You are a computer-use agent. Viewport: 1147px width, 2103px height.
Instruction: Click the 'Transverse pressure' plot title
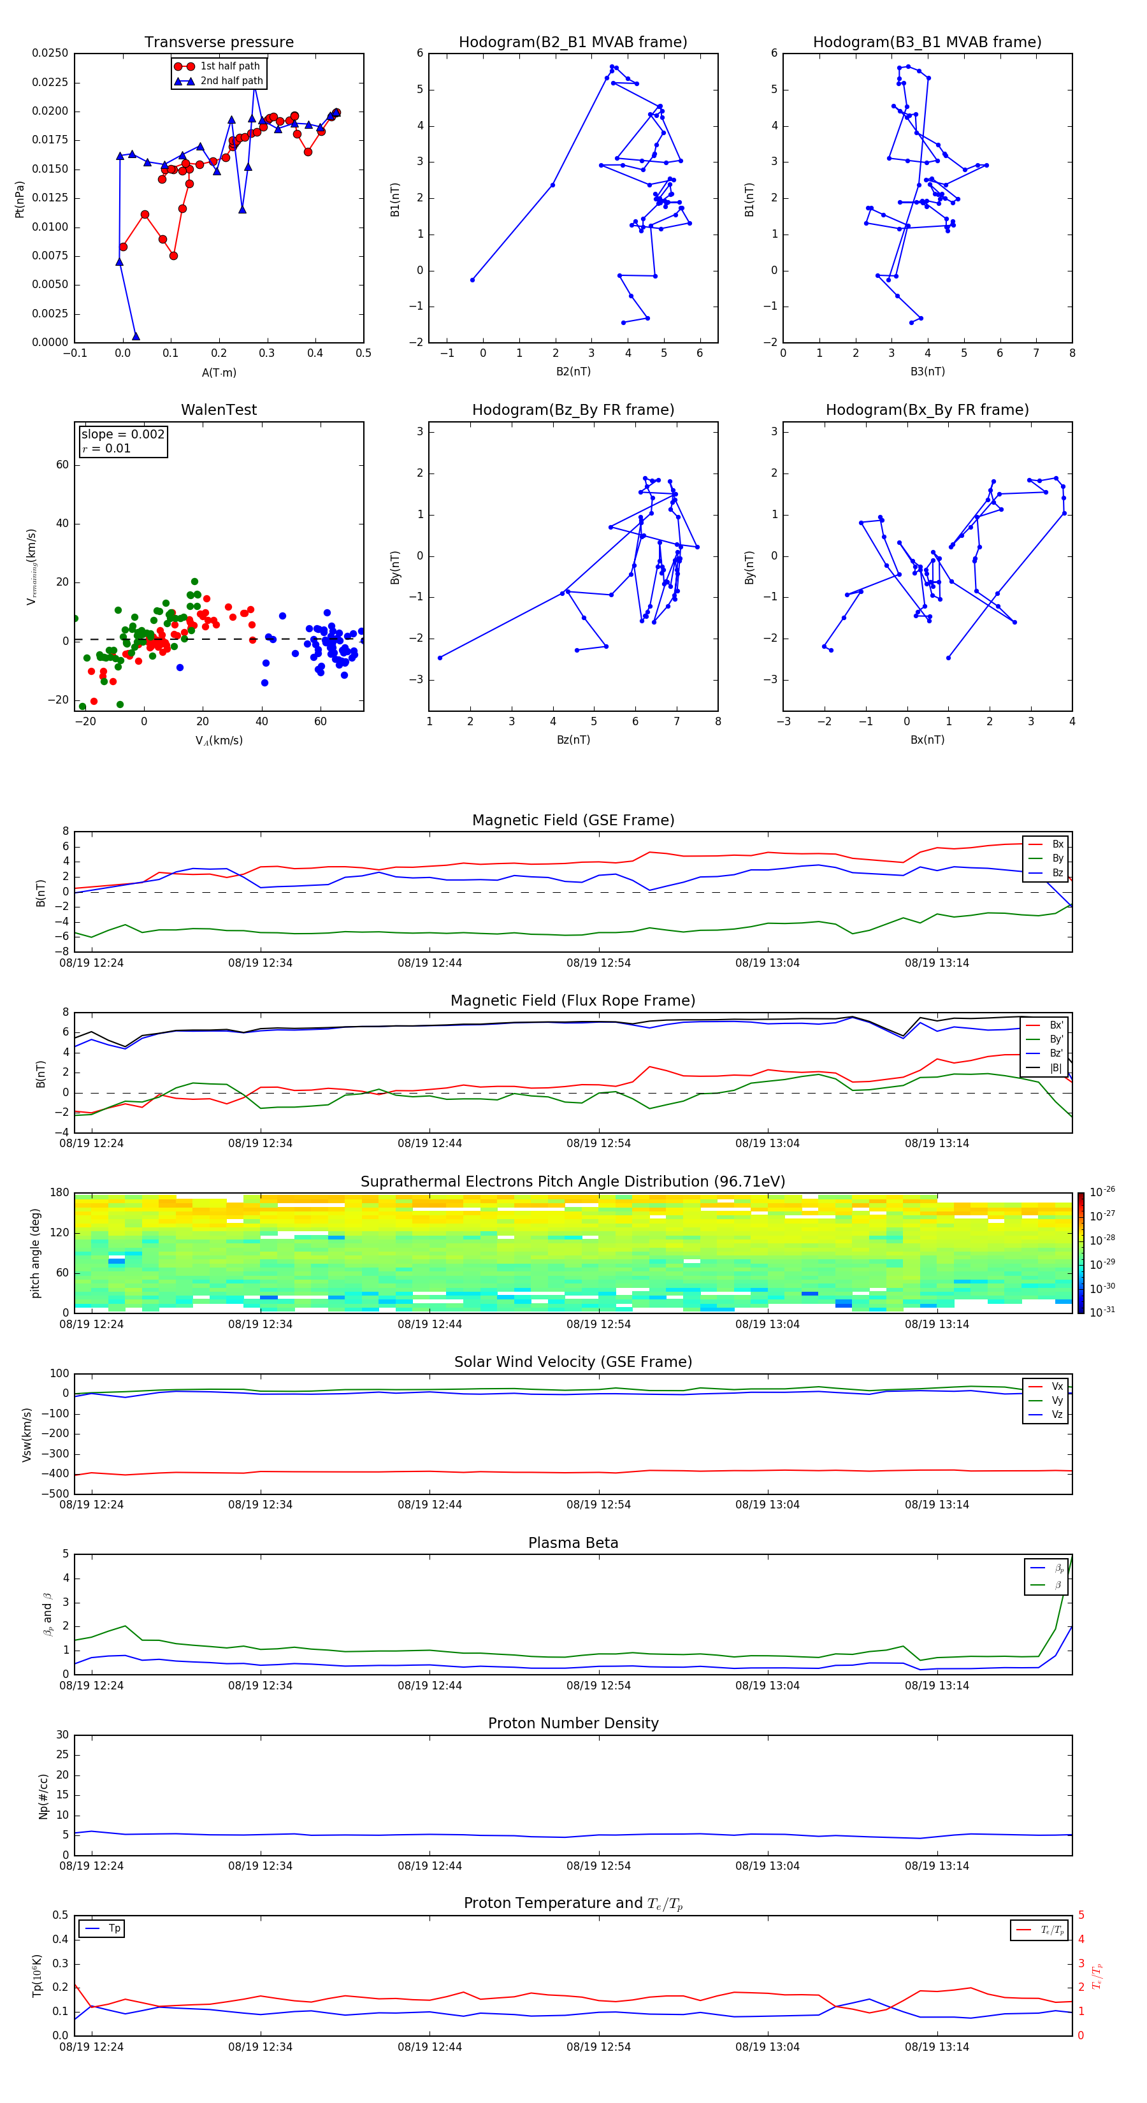click(x=219, y=43)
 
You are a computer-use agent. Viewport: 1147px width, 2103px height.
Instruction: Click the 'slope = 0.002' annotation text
click(x=122, y=435)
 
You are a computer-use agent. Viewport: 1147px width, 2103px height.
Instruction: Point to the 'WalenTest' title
click(x=219, y=410)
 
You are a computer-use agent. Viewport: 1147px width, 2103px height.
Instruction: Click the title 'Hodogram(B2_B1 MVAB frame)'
click(x=572, y=43)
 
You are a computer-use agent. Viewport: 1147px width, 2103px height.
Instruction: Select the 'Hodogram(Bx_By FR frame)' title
click(x=927, y=410)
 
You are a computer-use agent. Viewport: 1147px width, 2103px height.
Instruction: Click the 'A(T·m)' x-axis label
click(x=219, y=373)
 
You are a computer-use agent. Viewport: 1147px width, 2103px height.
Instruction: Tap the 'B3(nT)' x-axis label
click(x=927, y=372)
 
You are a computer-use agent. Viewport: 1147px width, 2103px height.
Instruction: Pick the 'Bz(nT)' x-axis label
click(x=573, y=740)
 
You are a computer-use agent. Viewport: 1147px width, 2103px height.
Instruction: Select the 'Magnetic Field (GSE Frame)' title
click(x=573, y=820)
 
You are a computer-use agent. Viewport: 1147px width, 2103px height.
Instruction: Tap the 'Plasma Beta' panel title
click(x=573, y=1543)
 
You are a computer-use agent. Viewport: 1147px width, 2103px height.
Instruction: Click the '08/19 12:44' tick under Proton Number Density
click(x=429, y=1865)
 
